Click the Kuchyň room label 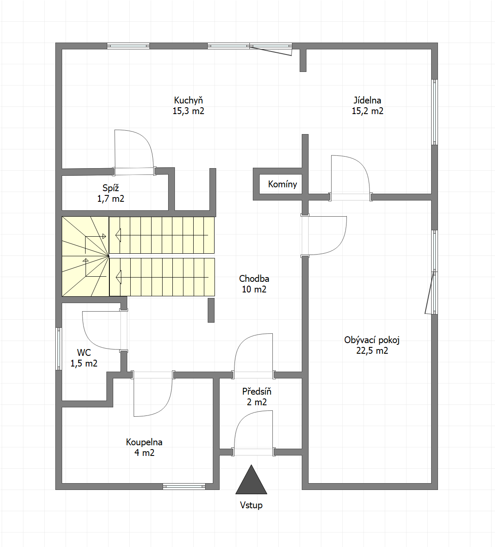click(189, 100)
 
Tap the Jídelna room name click(367, 100)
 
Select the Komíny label click(282, 184)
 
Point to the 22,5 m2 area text click(372, 350)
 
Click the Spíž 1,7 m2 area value click(111, 198)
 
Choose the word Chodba click(254, 278)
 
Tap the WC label click(84, 352)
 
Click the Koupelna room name click(144, 442)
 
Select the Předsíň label click(257, 392)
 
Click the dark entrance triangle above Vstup click(251, 482)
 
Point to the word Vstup click(251, 505)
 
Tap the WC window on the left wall click(59, 349)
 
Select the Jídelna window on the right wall click(435, 112)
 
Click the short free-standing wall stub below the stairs click(211, 310)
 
